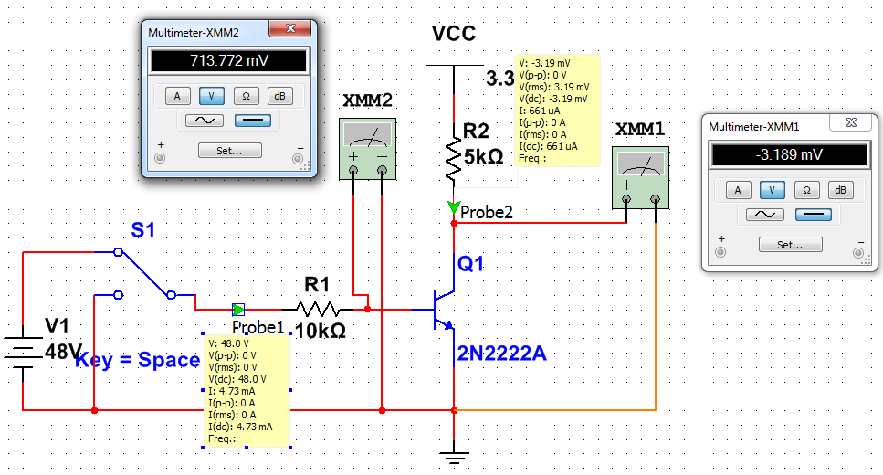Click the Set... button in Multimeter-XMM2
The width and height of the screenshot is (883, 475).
click(x=230, y=151)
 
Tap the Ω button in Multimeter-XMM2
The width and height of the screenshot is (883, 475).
click(x=246, y=95)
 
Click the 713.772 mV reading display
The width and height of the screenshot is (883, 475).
click(x=229, y=61)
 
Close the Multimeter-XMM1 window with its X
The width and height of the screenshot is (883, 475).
click(x=850, y=122)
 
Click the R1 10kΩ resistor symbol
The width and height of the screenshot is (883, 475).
click(x=317, y=310)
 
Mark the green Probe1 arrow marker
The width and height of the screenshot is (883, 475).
click(x=238, y=310)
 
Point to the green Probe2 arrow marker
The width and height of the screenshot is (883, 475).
click(x=454, y=208)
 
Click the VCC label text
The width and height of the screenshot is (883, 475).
click(x=454, y=35)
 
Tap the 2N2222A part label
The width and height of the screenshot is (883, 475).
click(x=501, y=354)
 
